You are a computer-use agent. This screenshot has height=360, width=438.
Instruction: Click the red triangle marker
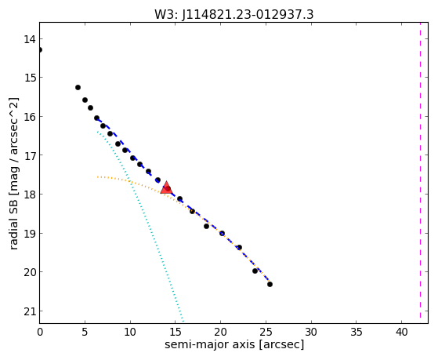click(x=166, y=187)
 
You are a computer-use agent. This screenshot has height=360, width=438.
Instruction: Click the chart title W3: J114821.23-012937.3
click(x=234, y=14)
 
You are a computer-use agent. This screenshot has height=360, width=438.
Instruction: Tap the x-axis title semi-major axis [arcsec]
click(x=234, y=344)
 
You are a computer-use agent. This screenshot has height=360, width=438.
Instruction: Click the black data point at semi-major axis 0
click(x=40, y=49)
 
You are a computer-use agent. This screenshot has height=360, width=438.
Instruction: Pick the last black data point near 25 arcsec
click(x=270, y=284)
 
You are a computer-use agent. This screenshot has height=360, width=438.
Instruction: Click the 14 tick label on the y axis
click(x=30, y=39)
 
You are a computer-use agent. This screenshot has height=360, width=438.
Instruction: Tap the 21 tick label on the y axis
click(x=30, y=311)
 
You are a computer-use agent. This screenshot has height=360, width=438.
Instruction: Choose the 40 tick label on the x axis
click(x=401, y=332)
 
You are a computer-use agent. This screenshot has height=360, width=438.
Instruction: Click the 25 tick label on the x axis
click(x=266, y=332)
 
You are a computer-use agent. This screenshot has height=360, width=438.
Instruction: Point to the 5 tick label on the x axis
click(x=85, y=332)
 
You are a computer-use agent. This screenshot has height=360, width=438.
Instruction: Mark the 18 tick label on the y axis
click(x=30, y=195)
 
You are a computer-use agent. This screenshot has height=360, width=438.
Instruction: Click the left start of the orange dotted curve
click(x=97, y=176)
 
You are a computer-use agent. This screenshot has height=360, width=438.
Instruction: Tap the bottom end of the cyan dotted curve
click(x=183, y=321)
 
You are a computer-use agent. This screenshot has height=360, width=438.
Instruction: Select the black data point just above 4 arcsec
click(x=78, y=88)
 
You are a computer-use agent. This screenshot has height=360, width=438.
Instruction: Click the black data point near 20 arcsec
click(x=222, y=233)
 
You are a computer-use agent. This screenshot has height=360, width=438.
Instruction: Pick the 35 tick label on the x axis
click(x=357, y=332)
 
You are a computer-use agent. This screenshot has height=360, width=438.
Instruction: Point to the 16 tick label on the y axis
click(x=30, y=117)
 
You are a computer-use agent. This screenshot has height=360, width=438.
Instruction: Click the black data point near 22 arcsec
click(x=240, y=247)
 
